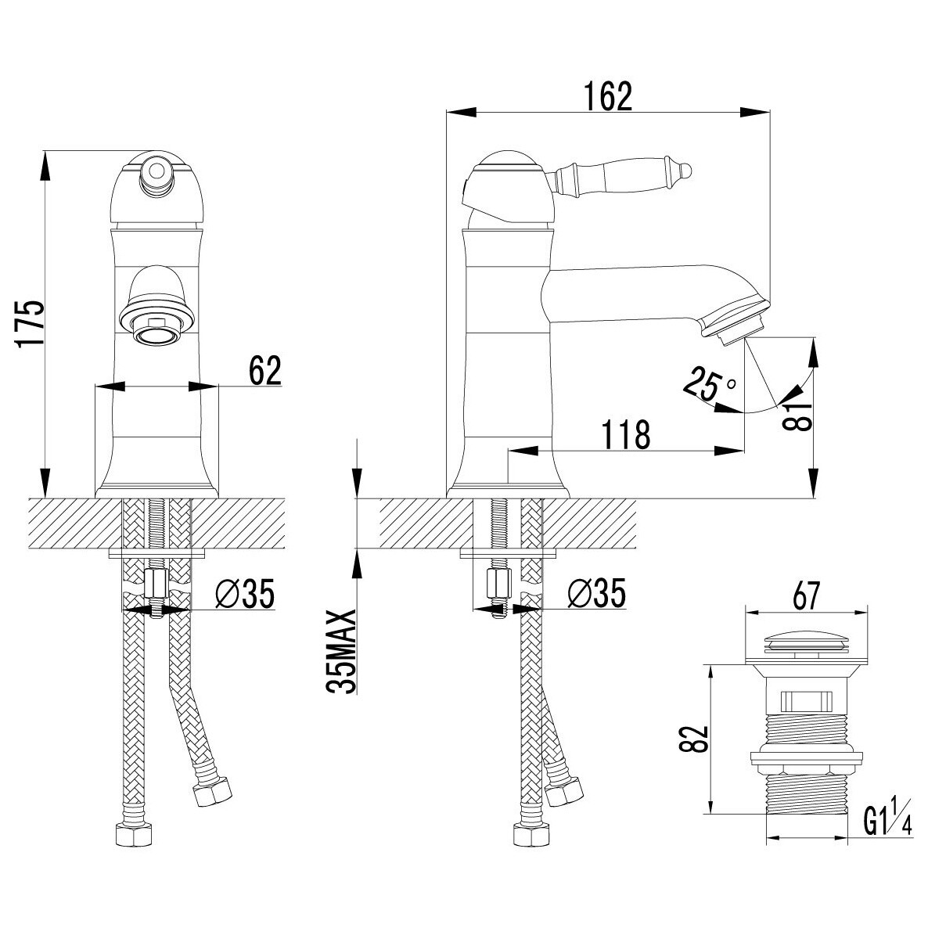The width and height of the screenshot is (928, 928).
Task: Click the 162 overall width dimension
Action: click(x=609, y=96)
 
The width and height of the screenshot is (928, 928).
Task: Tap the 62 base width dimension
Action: click(x=265, y=371)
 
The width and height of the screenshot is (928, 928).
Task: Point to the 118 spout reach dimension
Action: click(x=625, y=434)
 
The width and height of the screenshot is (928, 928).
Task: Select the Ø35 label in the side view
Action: click(x=596, y=594)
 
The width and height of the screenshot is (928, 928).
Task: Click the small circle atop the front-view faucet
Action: click(x=156, y=171)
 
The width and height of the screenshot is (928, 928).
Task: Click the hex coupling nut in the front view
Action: click(x=156, y=584)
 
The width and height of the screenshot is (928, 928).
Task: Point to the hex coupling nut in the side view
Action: click(x=497, y=584)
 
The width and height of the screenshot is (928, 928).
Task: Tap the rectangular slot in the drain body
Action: click(x=806, y=701)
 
